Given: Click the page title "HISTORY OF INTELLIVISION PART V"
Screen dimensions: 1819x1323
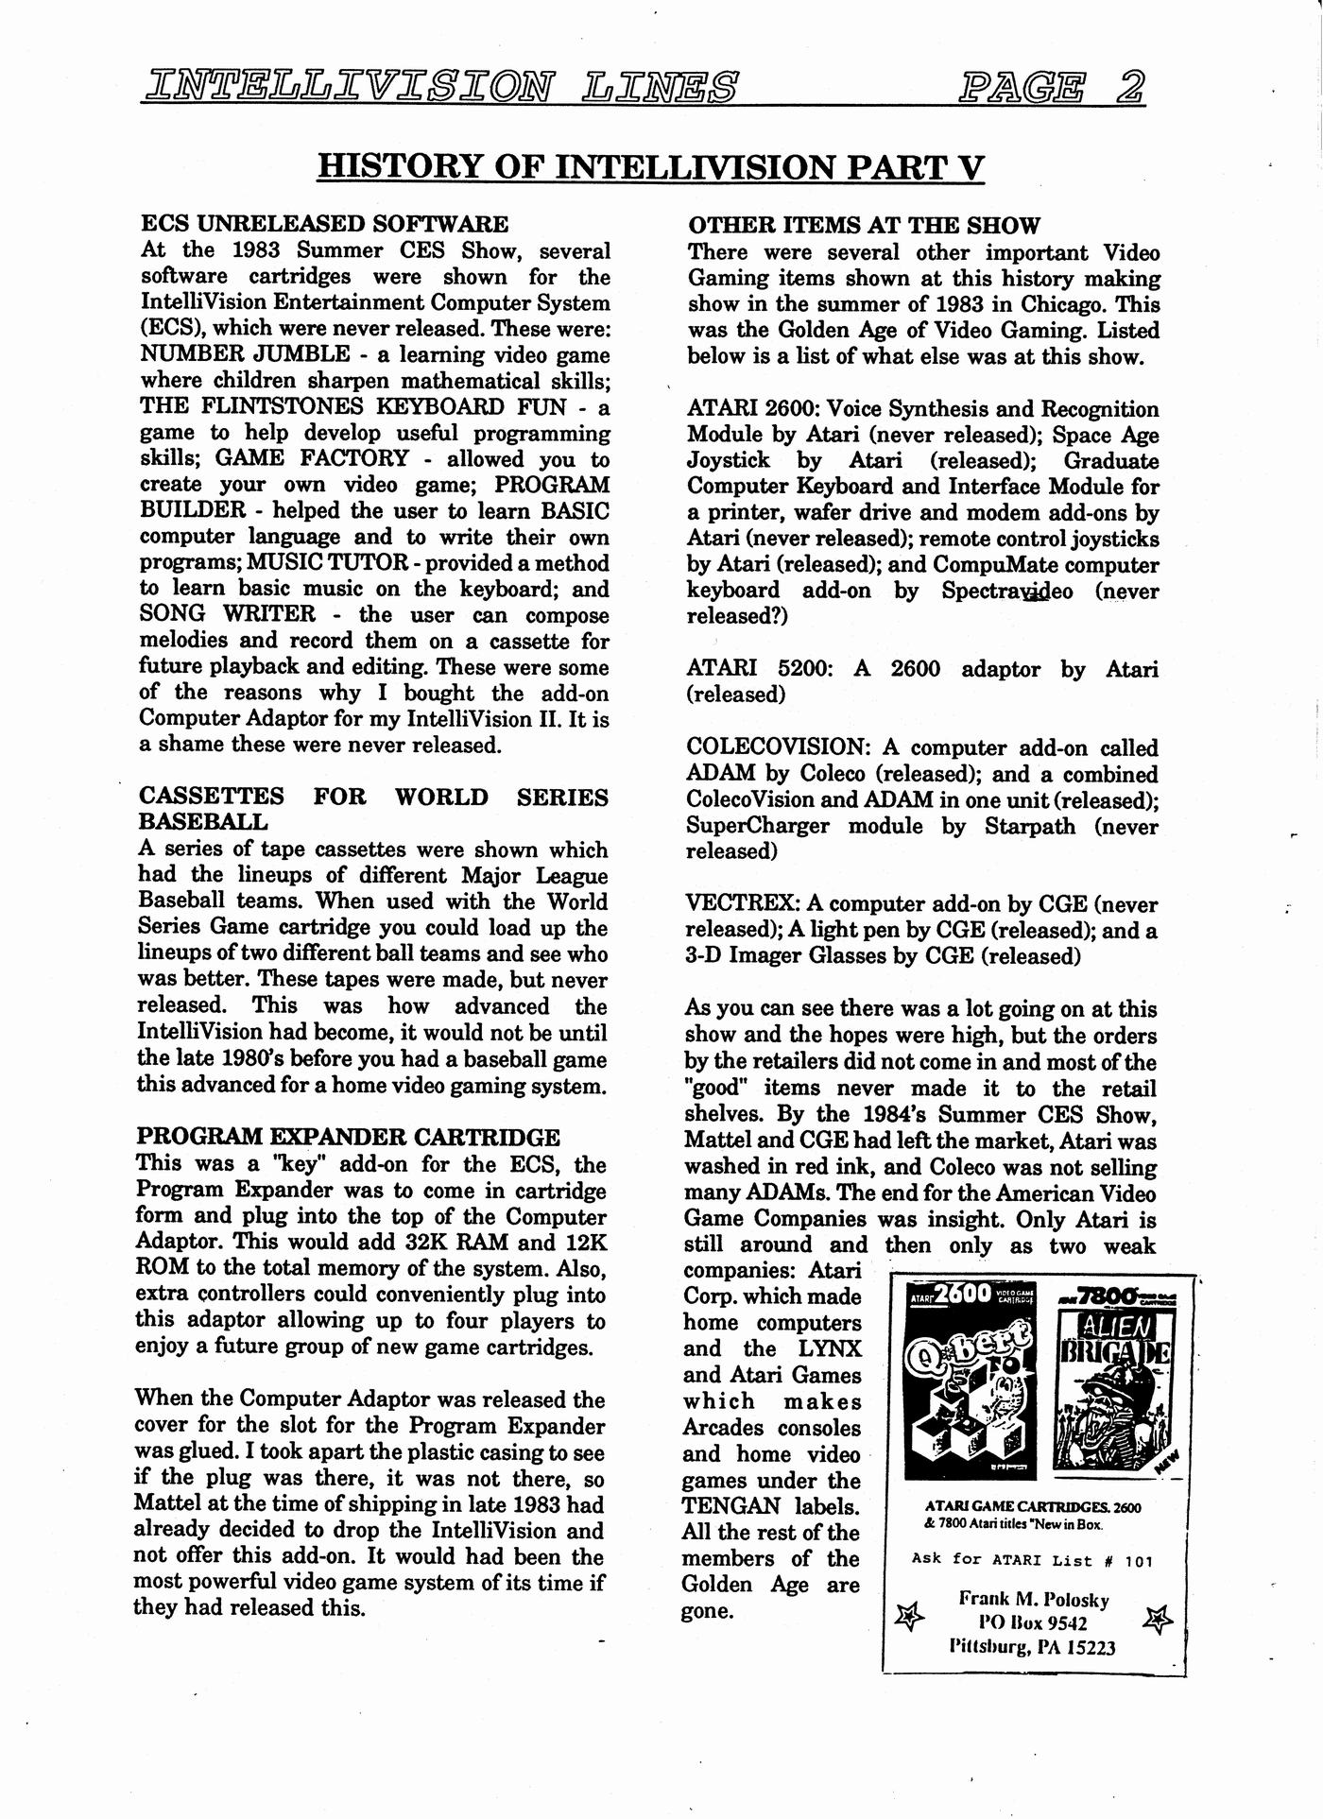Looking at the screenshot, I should click(x=650, y=166).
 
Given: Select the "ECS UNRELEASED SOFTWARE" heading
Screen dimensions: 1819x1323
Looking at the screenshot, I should click(x=324, y=224).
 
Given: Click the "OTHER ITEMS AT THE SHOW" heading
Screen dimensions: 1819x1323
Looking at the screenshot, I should click(x=864, y=226).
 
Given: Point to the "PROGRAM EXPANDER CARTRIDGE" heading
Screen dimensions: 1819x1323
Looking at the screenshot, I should click(x=348, y=1137).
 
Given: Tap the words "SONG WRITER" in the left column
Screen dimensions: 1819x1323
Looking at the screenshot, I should click(x=228, y=613).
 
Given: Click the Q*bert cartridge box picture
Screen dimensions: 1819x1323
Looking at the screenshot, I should click(x=971, y=1381).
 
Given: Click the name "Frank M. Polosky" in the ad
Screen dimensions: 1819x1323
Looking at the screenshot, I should click(x=1033, y=1600).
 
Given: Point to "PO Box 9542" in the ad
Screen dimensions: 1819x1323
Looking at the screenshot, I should click(x=1033, y=1623).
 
